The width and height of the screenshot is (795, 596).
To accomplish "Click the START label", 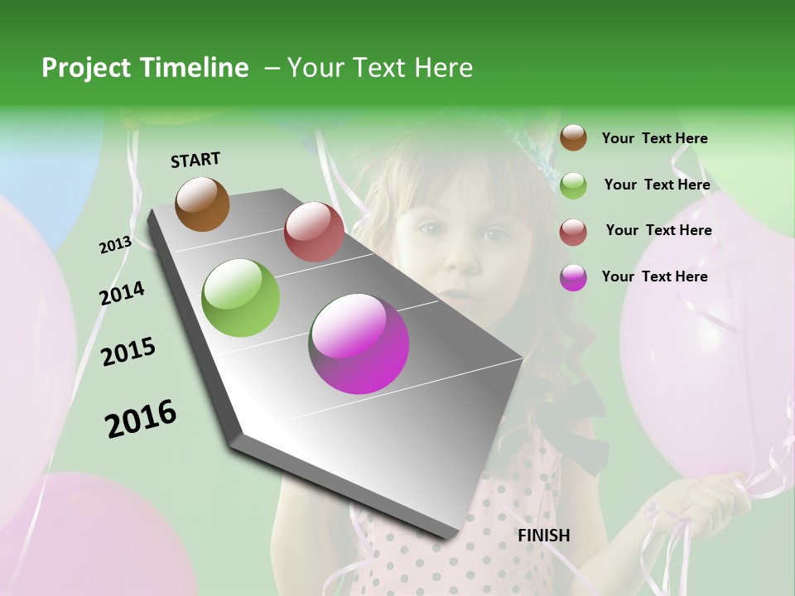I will (x=195, y=160).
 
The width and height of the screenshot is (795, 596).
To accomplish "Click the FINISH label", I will (x=543, y=536).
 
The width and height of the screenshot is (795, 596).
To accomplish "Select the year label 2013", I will (x=115, y=244).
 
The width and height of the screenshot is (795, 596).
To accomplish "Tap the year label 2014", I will (x=122, y=293).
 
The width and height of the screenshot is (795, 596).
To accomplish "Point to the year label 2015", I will (x=128, y=352).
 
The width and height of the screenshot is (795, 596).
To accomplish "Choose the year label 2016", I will (x=141, y=419).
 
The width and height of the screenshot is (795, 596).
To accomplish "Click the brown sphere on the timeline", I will (x=202, y=204).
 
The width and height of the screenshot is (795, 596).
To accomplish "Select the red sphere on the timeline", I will (x=314, y=232).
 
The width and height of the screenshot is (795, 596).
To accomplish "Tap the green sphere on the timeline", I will (x=241, y=298).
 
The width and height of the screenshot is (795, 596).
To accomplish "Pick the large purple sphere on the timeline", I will (x=359, y=344).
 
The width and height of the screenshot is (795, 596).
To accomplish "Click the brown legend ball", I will (x=573, y=137).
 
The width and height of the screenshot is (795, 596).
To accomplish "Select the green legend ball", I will (x=573, y=185).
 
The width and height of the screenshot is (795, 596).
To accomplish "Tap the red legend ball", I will (x=573, y=232).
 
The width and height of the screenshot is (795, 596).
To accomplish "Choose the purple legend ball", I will (x=573, y=277).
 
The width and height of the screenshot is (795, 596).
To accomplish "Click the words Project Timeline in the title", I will (x=145, y=68).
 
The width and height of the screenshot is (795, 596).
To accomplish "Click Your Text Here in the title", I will (x=379, y=68).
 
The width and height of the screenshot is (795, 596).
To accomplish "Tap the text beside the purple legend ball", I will (x=654, y=276).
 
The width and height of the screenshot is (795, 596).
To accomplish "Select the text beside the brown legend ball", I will (x=654, y=138).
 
